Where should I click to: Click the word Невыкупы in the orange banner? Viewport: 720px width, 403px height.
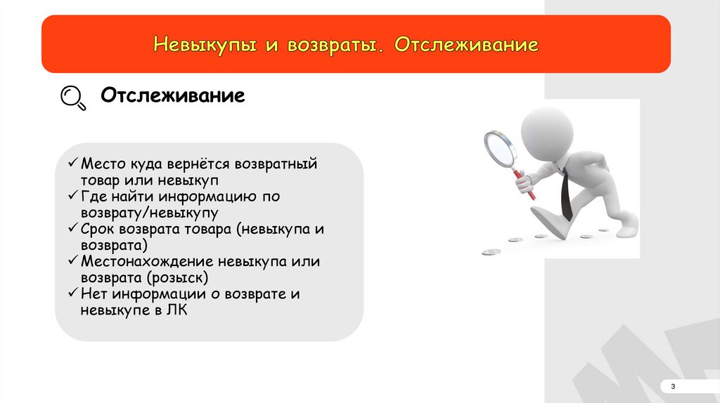click(205, 45)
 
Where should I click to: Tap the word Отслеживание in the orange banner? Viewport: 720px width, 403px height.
click(467, 44)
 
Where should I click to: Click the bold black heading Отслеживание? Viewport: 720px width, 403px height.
click(173, 95)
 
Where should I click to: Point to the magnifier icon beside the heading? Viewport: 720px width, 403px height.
click(73, 98)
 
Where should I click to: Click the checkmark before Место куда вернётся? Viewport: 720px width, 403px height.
click(73, 162)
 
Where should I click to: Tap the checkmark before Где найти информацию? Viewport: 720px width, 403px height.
click(73, 195)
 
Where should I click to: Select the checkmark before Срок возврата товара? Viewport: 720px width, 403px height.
click(73, 227)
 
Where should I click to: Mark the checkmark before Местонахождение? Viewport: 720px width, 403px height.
click(73, 260)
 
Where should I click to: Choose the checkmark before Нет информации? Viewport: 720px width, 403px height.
click(73, 293)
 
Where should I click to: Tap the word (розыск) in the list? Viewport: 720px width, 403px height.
click(177, 278)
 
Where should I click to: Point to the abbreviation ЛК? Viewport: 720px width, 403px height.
click(176, 310)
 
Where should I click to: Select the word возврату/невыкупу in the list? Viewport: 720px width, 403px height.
click(149, 213)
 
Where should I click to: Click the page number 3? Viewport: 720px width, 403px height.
click(673, 386)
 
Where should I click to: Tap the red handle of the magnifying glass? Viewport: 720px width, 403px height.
click(524, 185)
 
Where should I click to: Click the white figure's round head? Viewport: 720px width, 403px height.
click(547, 131)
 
